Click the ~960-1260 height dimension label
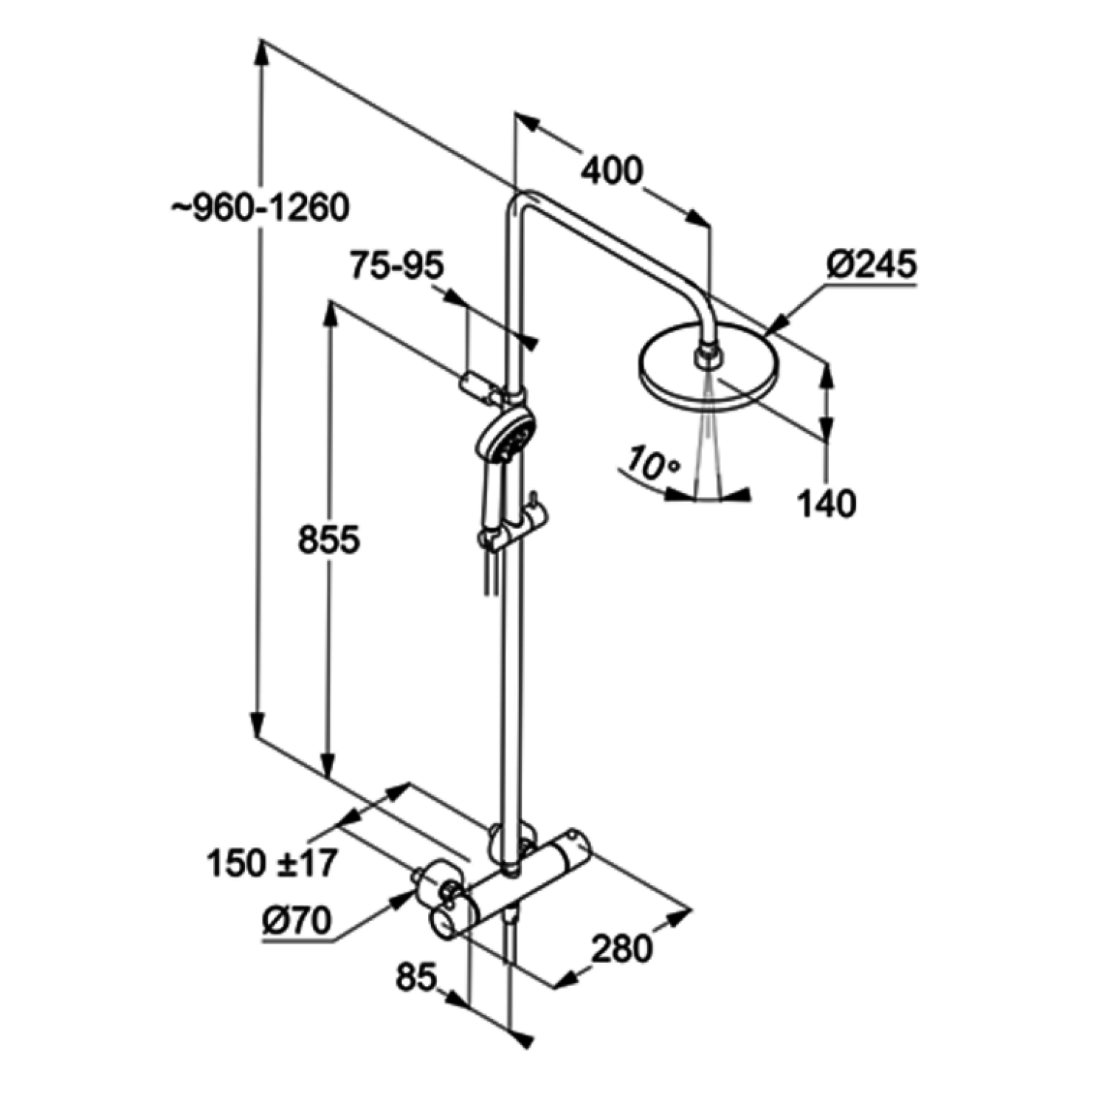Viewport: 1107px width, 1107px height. click(261, 208)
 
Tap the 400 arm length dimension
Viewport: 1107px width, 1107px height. click(611, 170)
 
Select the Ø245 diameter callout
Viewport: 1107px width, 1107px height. click(872, 263)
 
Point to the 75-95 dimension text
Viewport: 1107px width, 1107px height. click(397, 265)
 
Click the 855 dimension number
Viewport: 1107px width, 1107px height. click(328, 539)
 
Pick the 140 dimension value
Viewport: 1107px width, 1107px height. click(827, 503)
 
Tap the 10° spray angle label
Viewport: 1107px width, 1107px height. click(652, 463)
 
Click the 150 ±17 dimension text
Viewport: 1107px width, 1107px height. click(272, 862)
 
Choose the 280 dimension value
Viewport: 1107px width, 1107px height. click(621, 948)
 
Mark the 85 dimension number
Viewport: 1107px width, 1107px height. click(417, 978)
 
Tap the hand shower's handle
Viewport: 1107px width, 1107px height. click(492, 502)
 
